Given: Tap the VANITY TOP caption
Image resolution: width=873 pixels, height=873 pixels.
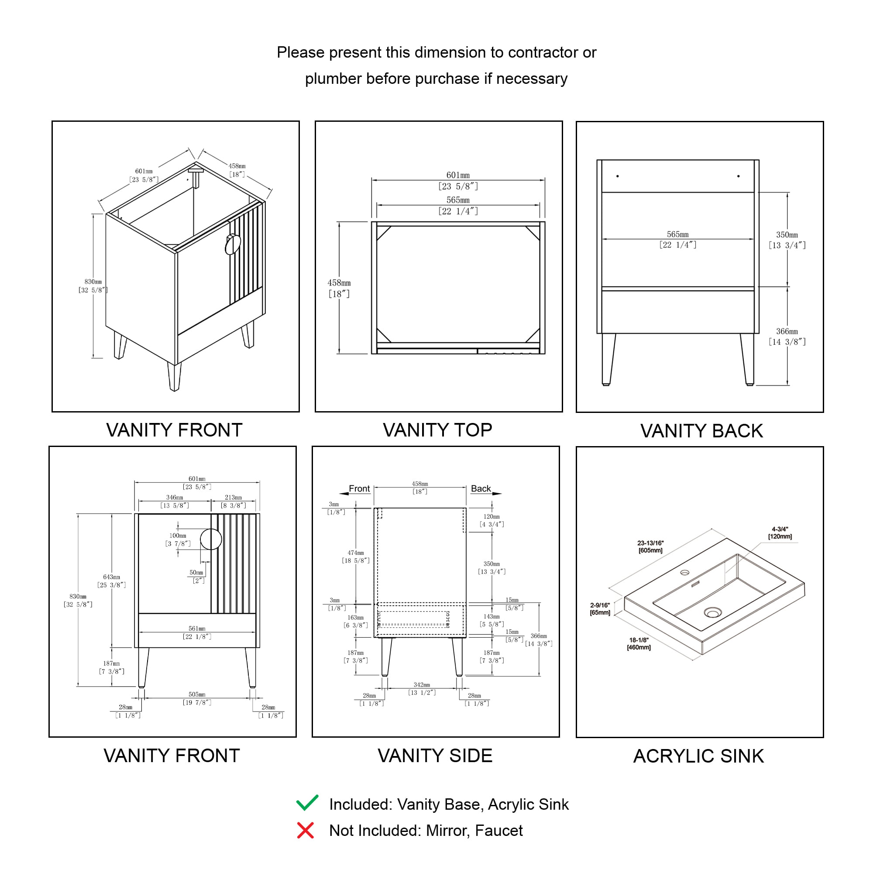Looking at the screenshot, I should (x=437, y=430).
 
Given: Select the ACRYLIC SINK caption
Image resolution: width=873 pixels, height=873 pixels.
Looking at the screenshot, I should (x=698, y=756).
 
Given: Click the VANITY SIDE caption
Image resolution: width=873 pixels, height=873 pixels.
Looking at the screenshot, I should (x=435, y=756).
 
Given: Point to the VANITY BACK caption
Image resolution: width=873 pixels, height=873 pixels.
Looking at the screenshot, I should (x=701, y=431).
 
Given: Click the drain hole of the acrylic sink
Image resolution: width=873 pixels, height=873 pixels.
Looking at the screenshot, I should (x=713, y=613).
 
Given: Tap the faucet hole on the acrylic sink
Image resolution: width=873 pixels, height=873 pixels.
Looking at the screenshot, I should (x=684, y=573).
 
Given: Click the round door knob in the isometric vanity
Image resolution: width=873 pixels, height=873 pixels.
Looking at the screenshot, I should (x=233, y=244).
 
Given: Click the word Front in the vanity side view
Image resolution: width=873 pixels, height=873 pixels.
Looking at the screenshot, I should (x=359, y=488).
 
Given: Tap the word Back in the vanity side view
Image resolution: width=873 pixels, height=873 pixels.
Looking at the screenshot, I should (x=480, y=488).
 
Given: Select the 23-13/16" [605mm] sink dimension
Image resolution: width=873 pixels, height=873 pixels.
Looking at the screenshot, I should (x=650, y=546).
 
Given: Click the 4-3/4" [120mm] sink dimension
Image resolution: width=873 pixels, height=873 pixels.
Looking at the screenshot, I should (x=780, y=533).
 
